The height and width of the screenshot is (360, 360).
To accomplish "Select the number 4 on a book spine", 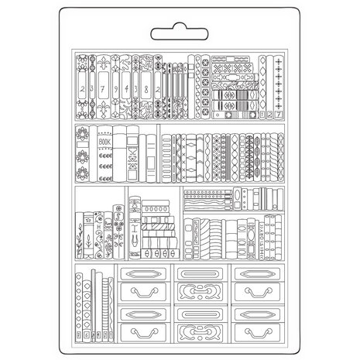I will pos(135,88).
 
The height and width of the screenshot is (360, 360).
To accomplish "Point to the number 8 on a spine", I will pos(147,88).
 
